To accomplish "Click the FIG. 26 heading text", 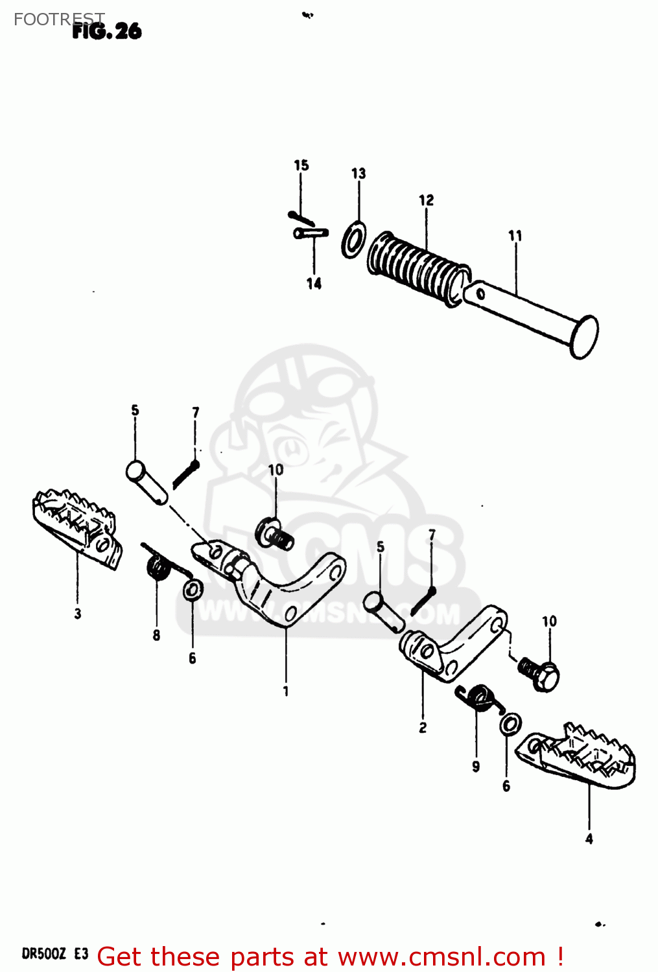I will [107, 31].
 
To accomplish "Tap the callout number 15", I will [301, 165].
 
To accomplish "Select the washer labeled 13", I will [353, 239].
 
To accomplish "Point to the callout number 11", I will [515, 236].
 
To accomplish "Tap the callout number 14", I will [314, 284].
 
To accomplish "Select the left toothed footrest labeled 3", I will [76, 527].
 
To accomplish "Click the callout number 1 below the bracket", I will [286, 691].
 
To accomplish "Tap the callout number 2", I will [423, 728].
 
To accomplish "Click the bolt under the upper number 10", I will [274, 534].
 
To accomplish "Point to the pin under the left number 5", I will [147, 481].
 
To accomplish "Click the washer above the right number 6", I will [510, 724].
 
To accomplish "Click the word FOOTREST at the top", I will [58, 19].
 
